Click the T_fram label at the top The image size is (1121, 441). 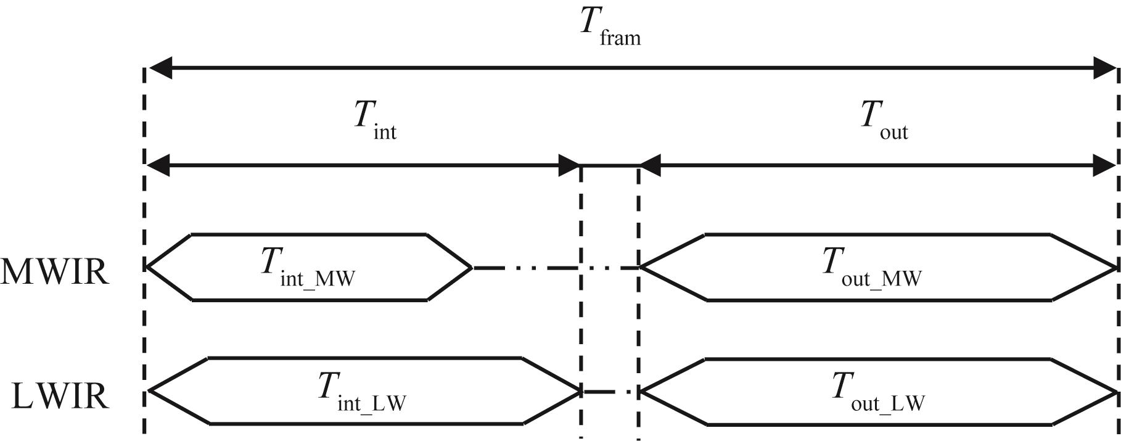(x=610, y=28)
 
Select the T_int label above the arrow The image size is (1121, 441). (x=375, y=120)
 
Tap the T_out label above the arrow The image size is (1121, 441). (x=884, y=120)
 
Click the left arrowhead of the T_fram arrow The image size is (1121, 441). (x=159, y=67)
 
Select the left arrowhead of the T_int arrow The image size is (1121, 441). (x=158, y=165)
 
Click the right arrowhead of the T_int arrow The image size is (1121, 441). (x=569, y=165)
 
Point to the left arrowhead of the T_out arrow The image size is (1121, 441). (x=650, y=165)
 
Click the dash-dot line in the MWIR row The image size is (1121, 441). (x=555, y=268)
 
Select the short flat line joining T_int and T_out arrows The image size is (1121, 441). (x=609, y=165)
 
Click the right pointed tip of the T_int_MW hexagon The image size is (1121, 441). (x=472, y=268)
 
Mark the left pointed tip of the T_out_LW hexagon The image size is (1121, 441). (x=642, y=391)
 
